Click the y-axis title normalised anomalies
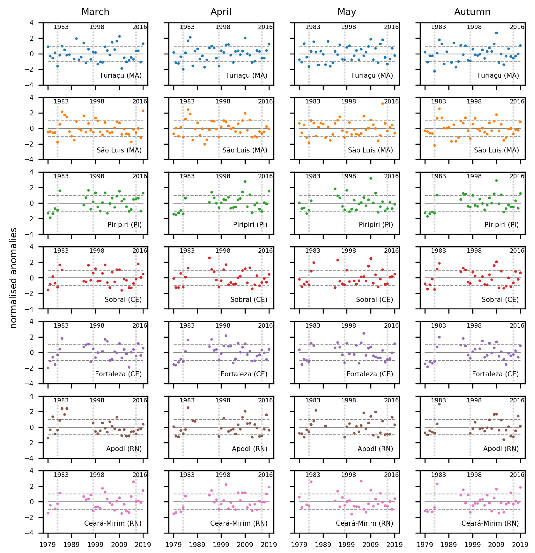click(x=13, y=278)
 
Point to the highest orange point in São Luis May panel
click(x=383, y=104)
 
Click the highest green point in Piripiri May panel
click(x=371, y=178)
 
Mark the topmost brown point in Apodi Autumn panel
click(x=439, y=404)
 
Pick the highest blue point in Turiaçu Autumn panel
click(x=496, y=33)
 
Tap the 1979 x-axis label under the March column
click(x=48, y=545)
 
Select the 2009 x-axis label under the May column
click(x=371, y=545)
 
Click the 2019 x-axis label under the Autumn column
click(x=520, y=545)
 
